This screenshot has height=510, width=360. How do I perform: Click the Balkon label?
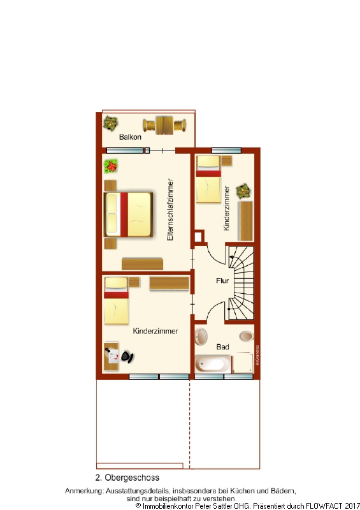click(129, 137)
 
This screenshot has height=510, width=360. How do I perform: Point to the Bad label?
click(222, 347)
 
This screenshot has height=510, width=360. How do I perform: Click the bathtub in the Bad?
click(213, 365)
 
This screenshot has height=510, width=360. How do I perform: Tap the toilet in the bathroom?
click(245, 336)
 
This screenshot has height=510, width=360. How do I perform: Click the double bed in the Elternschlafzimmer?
click(129, 214)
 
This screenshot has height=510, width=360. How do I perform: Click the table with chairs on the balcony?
click(164, 125)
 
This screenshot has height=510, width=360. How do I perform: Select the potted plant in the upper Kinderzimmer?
click(243, 191)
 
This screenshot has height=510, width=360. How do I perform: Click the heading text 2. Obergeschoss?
click(127, 477)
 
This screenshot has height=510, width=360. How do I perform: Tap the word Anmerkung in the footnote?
click(83, 491)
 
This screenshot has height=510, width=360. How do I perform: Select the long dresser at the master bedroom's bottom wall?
click(143, 263)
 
